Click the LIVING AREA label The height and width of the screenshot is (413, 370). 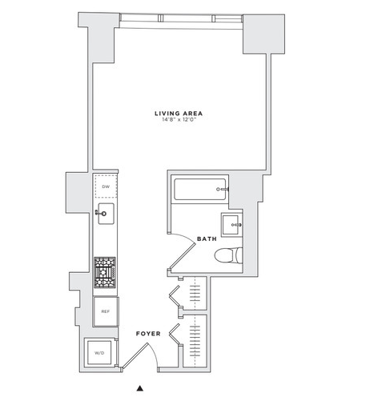(179, 114)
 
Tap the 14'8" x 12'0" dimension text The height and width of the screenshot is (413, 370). (179, 119)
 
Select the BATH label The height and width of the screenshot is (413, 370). (207, 239)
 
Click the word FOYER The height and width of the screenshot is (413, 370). (148, 334)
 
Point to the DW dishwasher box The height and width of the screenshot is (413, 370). (106, 186)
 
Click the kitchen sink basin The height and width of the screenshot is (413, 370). (107, 214)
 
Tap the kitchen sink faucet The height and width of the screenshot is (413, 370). (101, 213)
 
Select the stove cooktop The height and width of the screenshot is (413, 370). (105, 272)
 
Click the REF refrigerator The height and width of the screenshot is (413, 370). (106, 311)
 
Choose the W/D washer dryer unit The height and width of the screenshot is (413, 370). (99, 353)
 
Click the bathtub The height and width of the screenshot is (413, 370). (200, 189)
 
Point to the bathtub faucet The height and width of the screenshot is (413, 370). (223, 189)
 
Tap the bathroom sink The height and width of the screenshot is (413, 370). (231, 225)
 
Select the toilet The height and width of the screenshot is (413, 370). (228, 255)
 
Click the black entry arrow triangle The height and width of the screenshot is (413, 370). (140, 388)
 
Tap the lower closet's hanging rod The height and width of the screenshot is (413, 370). (195, 342)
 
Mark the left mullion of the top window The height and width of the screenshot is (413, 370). (160, 18)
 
